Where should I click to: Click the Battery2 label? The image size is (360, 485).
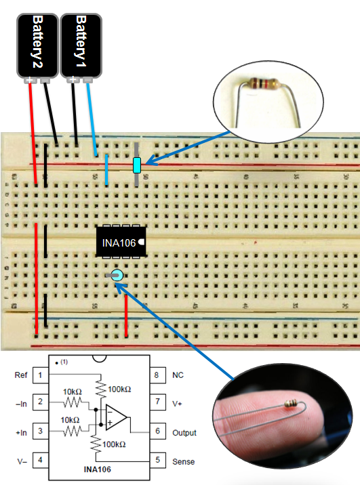[x=37, y=41]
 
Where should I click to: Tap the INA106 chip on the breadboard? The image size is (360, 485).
[x=121, y=241]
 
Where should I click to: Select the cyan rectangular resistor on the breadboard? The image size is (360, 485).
[x=137, y=165]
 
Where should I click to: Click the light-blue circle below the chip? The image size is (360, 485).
[x=117, y=275]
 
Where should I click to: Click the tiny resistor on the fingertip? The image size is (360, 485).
[x=293, y=404]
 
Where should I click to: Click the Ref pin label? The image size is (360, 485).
[x=21, y=375]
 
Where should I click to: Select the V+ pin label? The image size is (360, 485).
[x=178, y=403]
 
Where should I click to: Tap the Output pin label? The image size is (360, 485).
[x=184, y=432]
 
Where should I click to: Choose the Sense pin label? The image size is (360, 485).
[x=183, y=461]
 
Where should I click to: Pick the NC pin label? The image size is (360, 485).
[x=178, y=375]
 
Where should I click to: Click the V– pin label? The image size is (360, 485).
[x=20, y=461]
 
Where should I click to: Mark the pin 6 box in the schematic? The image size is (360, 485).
[x=157, y=432]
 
